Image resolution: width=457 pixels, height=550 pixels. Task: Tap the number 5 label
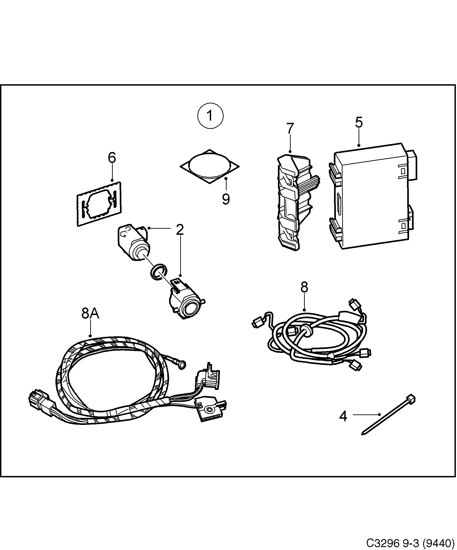click(359, 122)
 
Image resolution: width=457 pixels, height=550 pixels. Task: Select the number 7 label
click(290, 128)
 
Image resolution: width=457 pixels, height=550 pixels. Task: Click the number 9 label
click(226, 199)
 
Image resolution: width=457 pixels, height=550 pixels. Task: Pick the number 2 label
click(180, 230)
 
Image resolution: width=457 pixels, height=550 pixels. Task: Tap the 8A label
click(90, 313)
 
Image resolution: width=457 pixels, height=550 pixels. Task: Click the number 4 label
click(343, 416)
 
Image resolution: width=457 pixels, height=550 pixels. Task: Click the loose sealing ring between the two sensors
click(158, 272)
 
